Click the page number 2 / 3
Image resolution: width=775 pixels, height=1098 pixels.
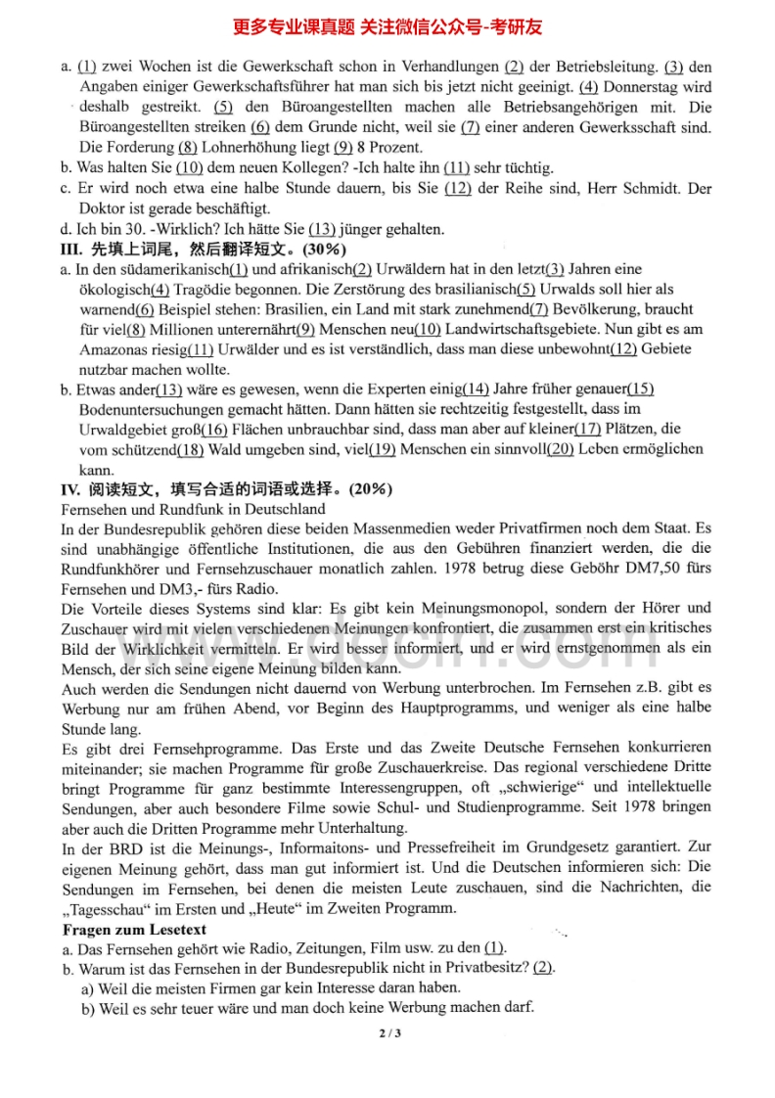(x=388, y=1033)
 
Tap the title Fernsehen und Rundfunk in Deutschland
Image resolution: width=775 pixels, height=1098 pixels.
(x=194, y=509)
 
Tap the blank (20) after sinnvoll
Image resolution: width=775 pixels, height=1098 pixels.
(x=561, y=449)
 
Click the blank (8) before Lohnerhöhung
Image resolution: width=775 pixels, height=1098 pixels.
(x=187, y=148)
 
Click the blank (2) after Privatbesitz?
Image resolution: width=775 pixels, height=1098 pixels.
(x=543, y=968)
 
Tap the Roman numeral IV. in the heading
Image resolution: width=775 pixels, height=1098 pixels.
(x=71, y=489)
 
